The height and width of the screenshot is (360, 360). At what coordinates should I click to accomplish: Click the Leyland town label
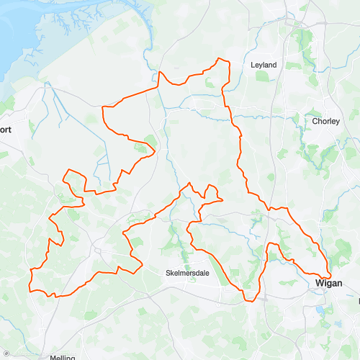(263, 65)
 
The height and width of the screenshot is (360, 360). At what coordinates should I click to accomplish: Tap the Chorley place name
(325, 121)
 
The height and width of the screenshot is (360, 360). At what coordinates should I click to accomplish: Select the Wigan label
(329, 284)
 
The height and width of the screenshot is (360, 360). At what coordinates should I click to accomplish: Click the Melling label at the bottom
(63, 356)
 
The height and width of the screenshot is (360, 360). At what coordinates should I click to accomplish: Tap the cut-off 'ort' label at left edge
(6, 130)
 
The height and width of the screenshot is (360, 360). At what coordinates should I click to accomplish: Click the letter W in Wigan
(319, 284)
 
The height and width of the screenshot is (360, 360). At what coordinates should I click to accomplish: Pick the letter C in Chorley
(315, 121)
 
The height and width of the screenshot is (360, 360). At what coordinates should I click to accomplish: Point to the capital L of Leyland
(252, 65)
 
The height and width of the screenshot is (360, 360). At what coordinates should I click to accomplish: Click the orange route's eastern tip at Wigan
(330, 275)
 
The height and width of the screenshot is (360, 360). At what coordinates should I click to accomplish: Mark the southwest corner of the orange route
(30, 290)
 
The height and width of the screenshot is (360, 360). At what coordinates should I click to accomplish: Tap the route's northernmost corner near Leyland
(228, 60)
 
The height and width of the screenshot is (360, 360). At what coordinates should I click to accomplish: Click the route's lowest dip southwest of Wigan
(249, 300)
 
